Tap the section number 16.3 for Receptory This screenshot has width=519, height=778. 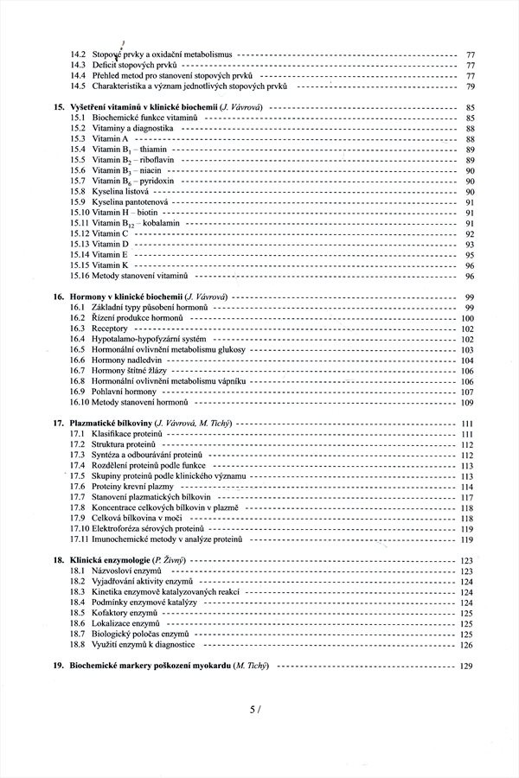78,329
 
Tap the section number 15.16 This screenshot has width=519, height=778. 80,276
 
